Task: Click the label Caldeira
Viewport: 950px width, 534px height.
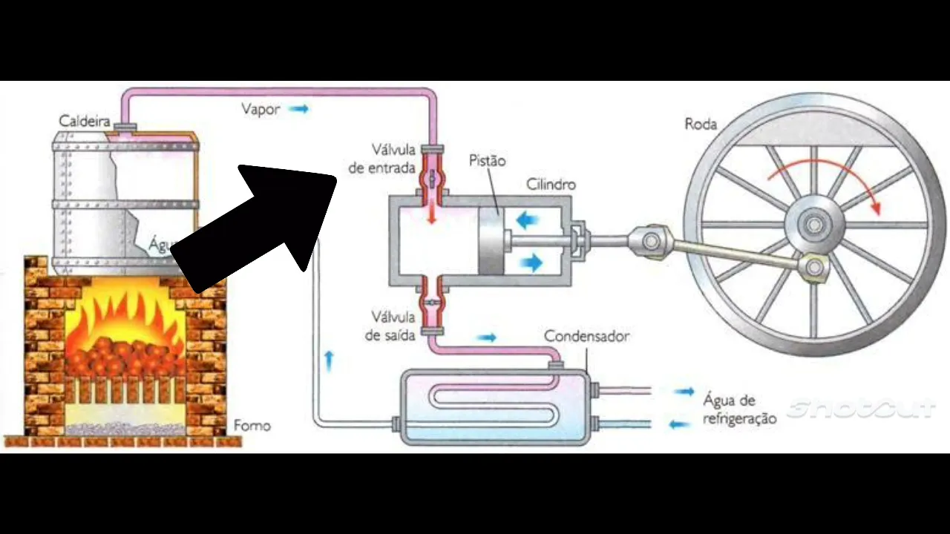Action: tap(85, 121)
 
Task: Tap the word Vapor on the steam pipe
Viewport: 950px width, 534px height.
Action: tap(261, 109)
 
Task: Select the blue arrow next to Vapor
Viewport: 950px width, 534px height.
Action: tap(298, 109)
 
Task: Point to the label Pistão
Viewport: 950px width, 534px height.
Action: tap(488, 160)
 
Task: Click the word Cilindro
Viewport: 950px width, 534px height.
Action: tap(551, 184)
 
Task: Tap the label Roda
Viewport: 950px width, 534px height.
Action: tap(701, 124)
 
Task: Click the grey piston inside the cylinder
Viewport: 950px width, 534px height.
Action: tap(490, 240)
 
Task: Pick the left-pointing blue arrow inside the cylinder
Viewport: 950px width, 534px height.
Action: tap(528, 219)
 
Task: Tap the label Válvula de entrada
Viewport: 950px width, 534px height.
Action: tap(382, 159)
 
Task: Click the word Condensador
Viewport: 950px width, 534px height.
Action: tap(586, 336)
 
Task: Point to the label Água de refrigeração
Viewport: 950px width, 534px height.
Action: tap(738, 409)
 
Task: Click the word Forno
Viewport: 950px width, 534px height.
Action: tap(252, 426)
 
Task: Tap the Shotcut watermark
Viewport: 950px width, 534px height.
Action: tap(861, 409)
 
